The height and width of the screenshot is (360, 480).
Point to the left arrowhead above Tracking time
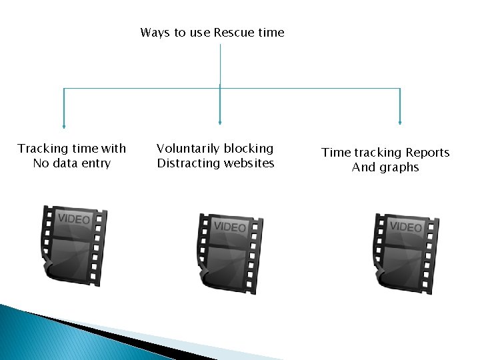coord(64,124)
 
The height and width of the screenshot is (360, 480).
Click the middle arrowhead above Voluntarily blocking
coord(220,122)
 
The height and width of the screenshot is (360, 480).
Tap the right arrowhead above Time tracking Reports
coord(400,122)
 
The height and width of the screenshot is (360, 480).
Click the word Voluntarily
coord(187,149)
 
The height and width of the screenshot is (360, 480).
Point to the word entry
coord(96,163)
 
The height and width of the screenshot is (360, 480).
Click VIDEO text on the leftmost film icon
coord(73,219)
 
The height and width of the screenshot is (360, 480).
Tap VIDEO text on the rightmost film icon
coord(405,227)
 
